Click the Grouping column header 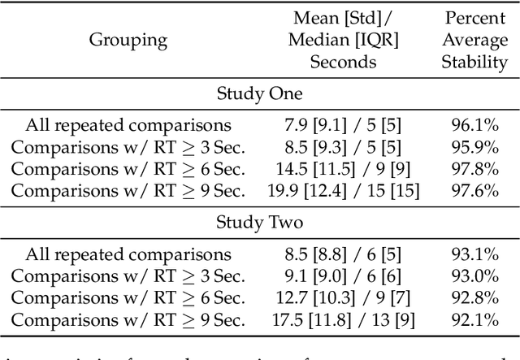[128, 39]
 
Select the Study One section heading [260, 93]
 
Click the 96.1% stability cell [474, 125]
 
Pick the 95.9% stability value [474, 146]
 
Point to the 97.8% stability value [474, 168]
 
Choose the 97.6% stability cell [474, 190]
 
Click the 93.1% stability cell [474, 254]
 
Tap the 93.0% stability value [474, 275]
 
